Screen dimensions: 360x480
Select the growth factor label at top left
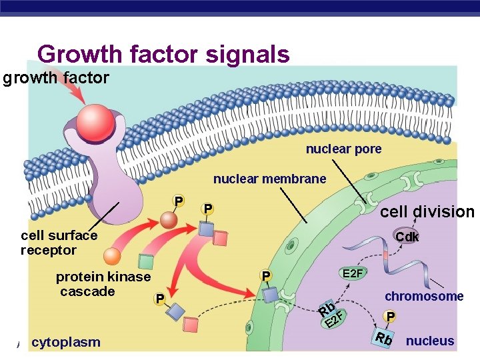pyautogui.click(x=55, y=79)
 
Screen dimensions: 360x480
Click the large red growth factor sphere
pyautogui.click(x=95, y=120)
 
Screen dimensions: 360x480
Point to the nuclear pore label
pyautogui.click(x=343, y=149)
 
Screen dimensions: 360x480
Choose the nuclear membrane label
pyautogui.click(x=269, y=179)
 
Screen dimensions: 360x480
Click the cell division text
pyautogui.click(x=427, y=212)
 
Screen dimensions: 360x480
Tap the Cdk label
pyautogui.click(x=407, y=237)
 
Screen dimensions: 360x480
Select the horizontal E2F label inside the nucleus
pyautogui.click(x=352, y=273)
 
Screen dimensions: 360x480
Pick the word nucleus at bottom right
pyautogui.click(x=430, y=341)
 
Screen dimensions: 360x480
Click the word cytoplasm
pyautogui.click(x=66, y=342)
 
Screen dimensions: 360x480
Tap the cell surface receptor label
pyautogui.click(x=59, y=243)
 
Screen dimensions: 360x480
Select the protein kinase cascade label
pyautogui.click(x=103, y=284)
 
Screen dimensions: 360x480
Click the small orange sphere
pyautogui.click(x=112, y=257)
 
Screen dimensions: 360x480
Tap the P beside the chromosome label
pyautogui.click(x=391, y=317)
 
